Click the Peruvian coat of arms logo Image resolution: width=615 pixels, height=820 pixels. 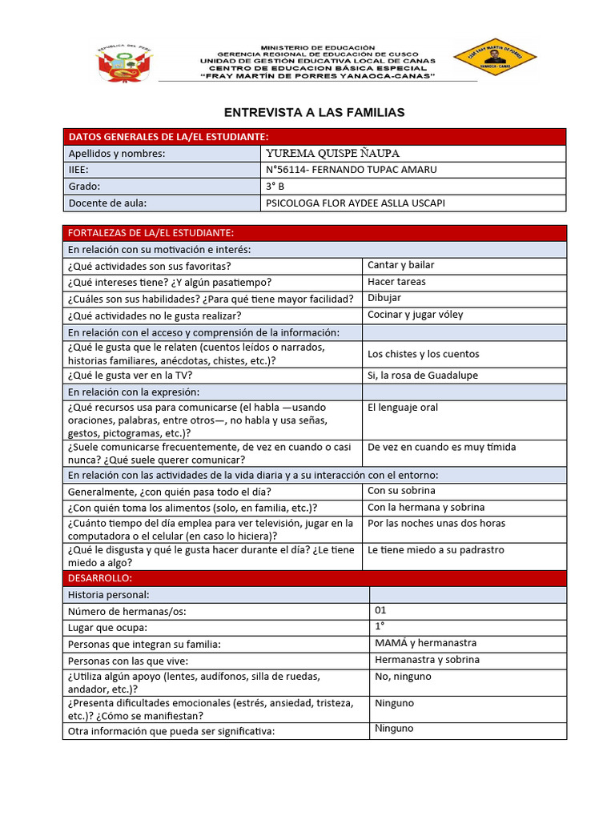tap(123, 62)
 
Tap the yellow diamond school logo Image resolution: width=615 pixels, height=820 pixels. tap(494, 57)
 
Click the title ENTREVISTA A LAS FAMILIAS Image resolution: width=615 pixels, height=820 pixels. tap(314, 113)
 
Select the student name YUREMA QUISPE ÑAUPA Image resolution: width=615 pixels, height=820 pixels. tap(332, 153)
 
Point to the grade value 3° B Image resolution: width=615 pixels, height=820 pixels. tap(275, 187)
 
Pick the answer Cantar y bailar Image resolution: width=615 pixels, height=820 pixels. tap(401, 265)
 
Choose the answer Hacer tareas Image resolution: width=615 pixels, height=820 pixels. tap(396, 282)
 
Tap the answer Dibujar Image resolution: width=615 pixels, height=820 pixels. tap(384, 298)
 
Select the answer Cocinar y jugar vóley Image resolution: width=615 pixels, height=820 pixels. tap(415, 315)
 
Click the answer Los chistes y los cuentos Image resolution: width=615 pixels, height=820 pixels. tap(423, 354)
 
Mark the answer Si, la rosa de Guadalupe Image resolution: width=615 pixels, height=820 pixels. tap(423, 375)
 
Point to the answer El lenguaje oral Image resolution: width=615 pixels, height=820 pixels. tap(403, 408)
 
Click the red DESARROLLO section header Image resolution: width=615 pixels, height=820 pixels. tap(100, 578)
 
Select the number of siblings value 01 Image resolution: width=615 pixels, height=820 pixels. tap(380, 610)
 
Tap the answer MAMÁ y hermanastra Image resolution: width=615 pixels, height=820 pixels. tap(425, 643)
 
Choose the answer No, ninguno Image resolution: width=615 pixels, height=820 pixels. tap(403, 677)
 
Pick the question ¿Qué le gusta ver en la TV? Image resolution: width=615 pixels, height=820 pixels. tap(130, 376)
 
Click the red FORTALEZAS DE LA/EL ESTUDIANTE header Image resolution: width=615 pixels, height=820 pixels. tap(151, 233)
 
